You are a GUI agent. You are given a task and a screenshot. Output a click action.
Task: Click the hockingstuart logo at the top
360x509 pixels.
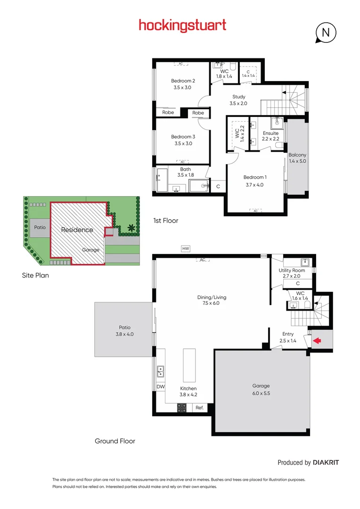pyautogui.click(x=182, y=25)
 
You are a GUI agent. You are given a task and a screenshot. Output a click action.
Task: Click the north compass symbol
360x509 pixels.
pyautogui.click(x=325, y=33)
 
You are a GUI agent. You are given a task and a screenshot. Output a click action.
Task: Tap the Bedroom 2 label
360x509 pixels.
pyautogui.click(x=183, y=81)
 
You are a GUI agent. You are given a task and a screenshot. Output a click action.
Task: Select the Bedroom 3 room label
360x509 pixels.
pyautogui.click(x=183, y=137)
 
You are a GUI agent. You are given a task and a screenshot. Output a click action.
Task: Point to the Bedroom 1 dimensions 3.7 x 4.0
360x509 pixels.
pyautogui.click(x=255, y=185)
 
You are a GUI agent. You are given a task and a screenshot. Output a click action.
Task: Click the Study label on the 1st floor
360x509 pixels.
pyautogui.click(x=238, y=97)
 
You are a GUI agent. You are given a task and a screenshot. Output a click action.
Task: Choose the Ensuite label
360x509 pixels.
pyautogui.click(x=270, y=133)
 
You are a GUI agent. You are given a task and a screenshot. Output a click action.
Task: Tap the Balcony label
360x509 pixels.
pyautogui.click(x=297, y=155)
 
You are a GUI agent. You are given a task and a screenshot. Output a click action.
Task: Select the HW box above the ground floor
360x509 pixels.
pyautogui.click(x=186, y=248)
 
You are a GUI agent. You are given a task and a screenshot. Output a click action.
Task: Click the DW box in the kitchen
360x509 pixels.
pyautogui.click(x=160, y=386)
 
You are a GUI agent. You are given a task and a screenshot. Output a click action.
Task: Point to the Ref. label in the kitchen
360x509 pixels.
pyautogui.click(x=199, y=408)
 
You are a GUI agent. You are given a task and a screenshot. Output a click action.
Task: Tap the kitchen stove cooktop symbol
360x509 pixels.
pyautogui.click(x=182, y=408)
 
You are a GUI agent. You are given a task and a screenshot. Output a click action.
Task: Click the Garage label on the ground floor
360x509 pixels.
pyautogui.click(x=261, y=386)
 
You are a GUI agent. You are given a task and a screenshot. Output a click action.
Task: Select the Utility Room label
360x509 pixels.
pyautogui.click(x=292, y=270)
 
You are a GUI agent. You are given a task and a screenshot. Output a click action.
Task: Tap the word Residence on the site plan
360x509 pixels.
pyautogui.click(x=77, y=230)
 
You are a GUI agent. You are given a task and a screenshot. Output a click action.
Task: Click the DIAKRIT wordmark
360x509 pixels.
pyautogui.click(x=326, y=463)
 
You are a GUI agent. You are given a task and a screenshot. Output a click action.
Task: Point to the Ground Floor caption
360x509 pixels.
pyautogui.click(x=115, y=441)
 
